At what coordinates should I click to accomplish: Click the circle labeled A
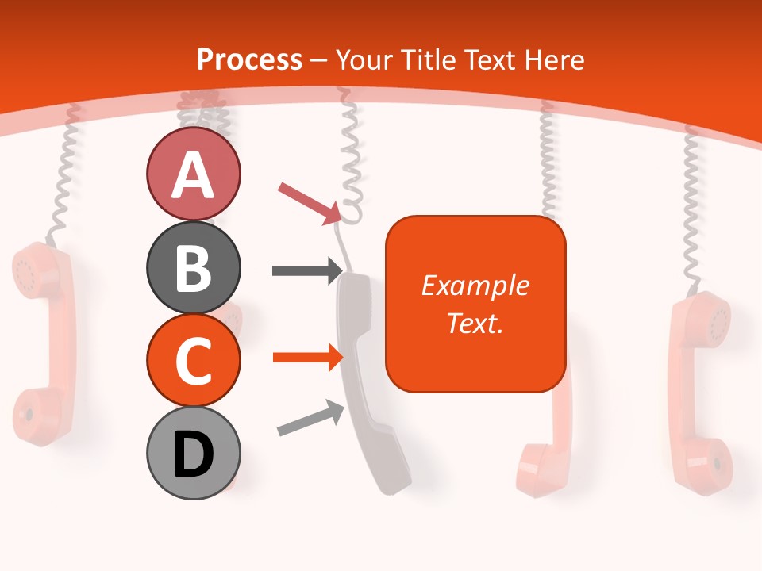click(193, 174)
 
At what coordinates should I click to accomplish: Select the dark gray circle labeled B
click(193, 267)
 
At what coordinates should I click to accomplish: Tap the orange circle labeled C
click(193, 360)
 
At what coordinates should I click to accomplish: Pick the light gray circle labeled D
click(193, 453)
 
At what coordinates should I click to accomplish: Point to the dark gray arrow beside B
click(306, 270)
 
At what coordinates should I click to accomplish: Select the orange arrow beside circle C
click(306, 358)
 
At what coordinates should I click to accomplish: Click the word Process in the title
click(249, 59)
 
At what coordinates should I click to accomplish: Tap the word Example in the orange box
click(475, 285)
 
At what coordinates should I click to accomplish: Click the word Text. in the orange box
click(475, 323)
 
